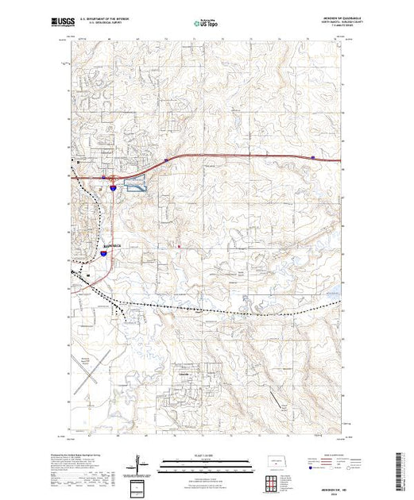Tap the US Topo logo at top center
click(x=206, y=24)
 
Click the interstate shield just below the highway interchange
click(x=114, y=188)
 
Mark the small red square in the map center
click(x=179, y=246)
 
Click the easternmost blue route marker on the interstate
click(x=313, y=157)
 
